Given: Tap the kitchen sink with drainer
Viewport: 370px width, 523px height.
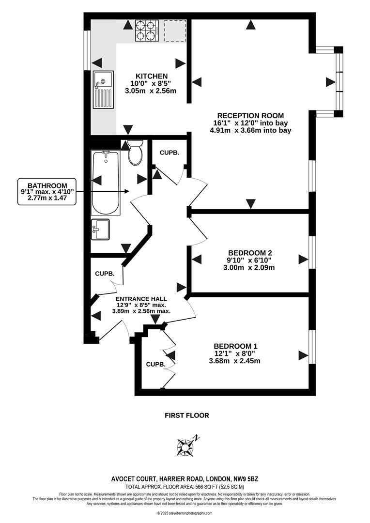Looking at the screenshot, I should [x=104, y=90].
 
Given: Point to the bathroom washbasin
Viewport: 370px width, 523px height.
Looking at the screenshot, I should [x=100, y=229].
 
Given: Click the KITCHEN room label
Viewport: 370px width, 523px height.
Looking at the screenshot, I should [x=152, y=76].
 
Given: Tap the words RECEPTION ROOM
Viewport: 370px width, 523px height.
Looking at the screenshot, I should [x=250, y=115].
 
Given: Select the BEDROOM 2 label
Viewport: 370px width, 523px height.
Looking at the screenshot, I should [x=250, y=253].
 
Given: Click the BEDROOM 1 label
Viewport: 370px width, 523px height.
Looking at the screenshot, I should [x=235, y=346].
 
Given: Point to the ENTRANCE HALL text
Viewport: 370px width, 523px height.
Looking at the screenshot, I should [x=141, y=299].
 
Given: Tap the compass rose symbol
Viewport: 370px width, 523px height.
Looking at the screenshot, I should [x=186, y=446].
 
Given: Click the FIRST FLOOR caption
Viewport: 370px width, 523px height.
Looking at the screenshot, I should [x=187, y=415].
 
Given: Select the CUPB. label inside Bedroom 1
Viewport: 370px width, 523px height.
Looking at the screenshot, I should [x=155, y=364].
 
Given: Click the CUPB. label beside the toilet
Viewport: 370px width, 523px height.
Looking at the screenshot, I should [x=170, y=153].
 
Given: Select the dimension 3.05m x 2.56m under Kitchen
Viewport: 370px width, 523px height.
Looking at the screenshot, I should [x=151, y=91].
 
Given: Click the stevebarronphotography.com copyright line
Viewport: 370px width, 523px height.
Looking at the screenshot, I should [x=185, y=513].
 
